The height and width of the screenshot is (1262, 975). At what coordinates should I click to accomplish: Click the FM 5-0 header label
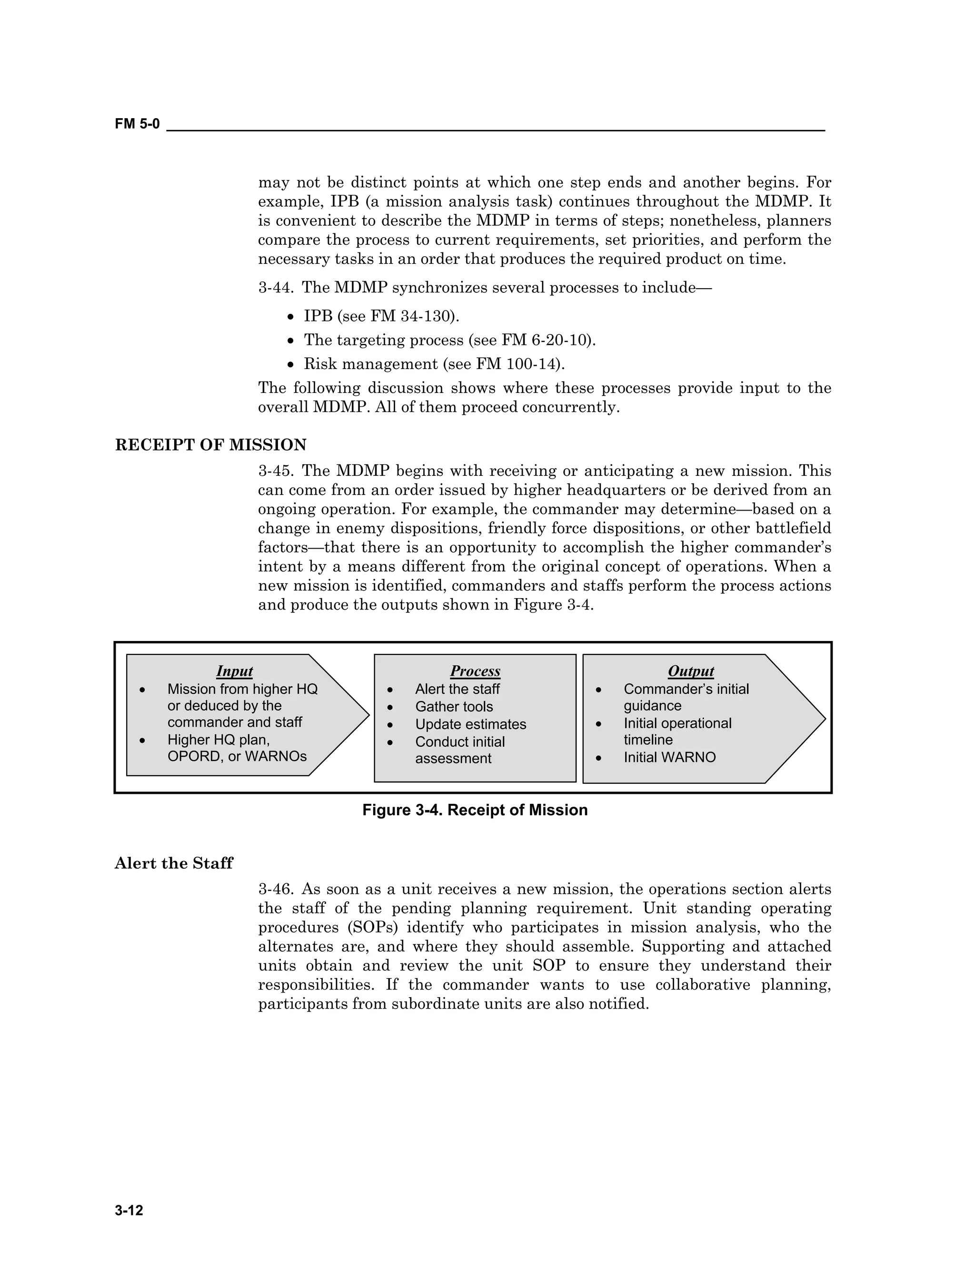pyautogui.click(x=137, y=124)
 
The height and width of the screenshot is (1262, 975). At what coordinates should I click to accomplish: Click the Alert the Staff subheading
pyautogui.click(x=173, y=863)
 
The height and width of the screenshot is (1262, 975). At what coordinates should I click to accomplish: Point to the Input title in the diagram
pyautogui.click(x=235, y=671)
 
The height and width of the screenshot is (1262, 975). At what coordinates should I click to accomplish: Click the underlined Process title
pyautogui.click(x=475, y=671)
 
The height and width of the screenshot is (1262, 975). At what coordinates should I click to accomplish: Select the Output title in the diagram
pyautogui.click(x=691, y=671)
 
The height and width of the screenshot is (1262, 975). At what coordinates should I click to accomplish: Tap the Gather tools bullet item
pyautogui.click(x=454, y=707)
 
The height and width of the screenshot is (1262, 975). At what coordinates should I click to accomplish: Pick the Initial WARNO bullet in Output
pyautogui.click(x=669, y=757)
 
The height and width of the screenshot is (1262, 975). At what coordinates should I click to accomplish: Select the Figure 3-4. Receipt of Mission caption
pyautogui.click(x=475, y=810)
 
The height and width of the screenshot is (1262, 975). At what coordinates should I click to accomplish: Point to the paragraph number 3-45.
pyautogui.click(x=276, y=471)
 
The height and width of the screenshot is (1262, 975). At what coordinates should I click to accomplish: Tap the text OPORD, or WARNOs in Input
pyautogui.click(x=237, y=756)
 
